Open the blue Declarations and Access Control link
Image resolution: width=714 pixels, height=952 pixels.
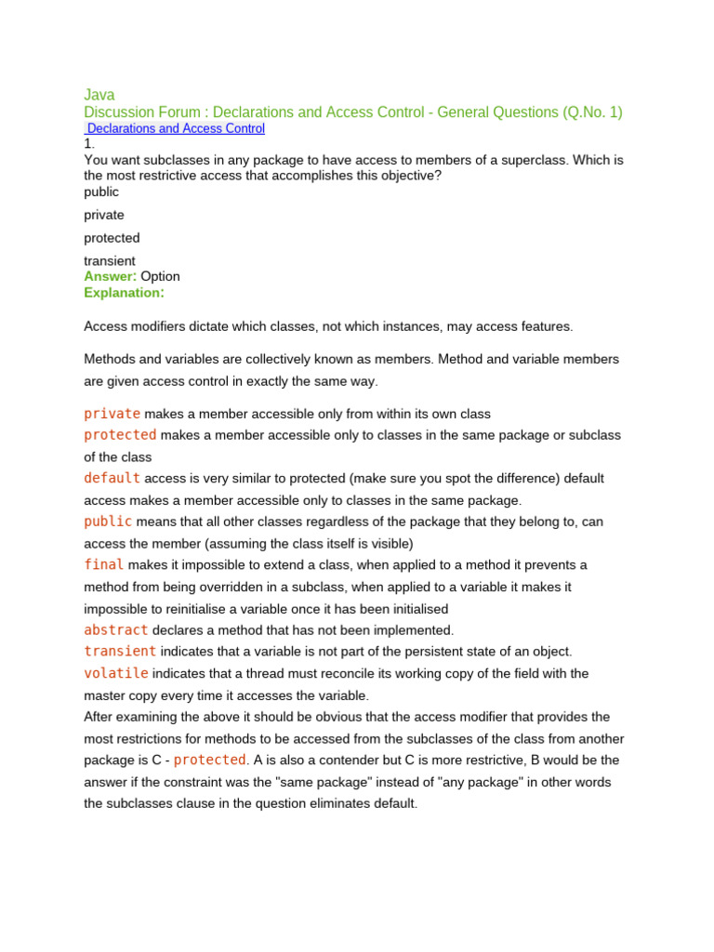click(176, 128)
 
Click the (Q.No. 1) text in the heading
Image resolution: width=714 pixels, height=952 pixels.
click(592, 112)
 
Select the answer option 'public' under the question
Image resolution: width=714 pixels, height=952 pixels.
click(101, 192)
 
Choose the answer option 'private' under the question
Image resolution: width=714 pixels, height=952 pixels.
click(104, 215)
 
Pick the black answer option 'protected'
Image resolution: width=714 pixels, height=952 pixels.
click(112, 238)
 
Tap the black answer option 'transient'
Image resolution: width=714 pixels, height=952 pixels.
click(110, 261)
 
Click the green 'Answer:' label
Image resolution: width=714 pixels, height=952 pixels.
click(111, 276)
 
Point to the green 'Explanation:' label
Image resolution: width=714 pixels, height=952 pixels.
click(124, 292)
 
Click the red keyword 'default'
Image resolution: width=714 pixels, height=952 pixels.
click(112, 478)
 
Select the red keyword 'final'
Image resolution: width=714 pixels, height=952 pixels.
click(103, 564)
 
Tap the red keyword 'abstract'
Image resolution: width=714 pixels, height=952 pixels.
click(115, 629)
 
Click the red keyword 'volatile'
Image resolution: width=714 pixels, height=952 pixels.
click(115, 673)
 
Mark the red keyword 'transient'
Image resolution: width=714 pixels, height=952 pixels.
click(120, 651)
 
